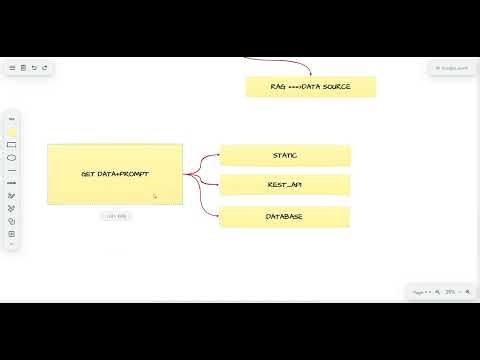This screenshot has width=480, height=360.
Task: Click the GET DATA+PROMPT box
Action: click(x=115, y=175)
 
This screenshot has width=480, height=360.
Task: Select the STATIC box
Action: click(x=285, y=155)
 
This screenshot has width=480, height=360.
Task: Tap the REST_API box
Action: click(x=285, y=185)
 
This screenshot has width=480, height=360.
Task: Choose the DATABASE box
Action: click(x=285, y=216)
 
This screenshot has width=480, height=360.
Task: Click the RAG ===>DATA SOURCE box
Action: click(x=311, y=87)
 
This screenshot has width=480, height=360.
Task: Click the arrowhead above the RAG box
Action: click(x=310, y=73)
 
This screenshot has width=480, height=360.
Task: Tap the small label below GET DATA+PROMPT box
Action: click(x=115, y=215)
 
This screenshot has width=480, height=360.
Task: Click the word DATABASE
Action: click(x=285, y=216)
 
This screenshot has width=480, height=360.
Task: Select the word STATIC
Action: click(x=285, y=155)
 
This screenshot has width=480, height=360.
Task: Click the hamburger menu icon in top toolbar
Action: click(x=12, y=68)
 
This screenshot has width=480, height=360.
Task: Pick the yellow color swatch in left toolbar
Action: click(x=12, y=131)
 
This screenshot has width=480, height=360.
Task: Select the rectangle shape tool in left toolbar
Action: click(x=12, y=145)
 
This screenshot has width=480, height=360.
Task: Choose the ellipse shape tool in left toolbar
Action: click(x=12, y=158)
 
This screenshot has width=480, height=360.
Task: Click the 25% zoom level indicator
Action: click(x=451, y=292)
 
